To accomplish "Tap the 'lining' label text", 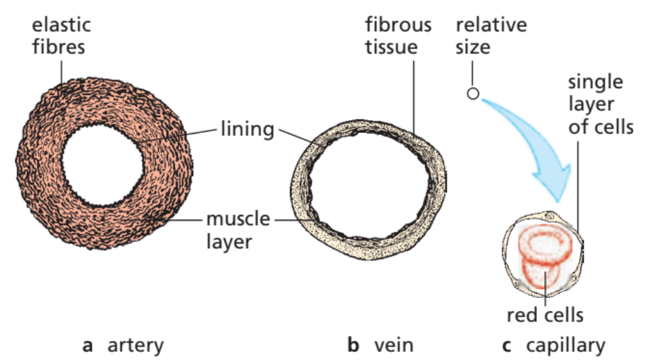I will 246,128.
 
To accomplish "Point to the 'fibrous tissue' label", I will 398,37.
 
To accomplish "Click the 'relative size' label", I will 491,37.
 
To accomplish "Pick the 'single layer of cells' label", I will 601,104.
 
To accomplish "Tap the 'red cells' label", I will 545,315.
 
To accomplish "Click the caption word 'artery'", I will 136,345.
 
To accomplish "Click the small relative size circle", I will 473,93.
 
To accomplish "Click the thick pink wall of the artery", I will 41,169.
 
